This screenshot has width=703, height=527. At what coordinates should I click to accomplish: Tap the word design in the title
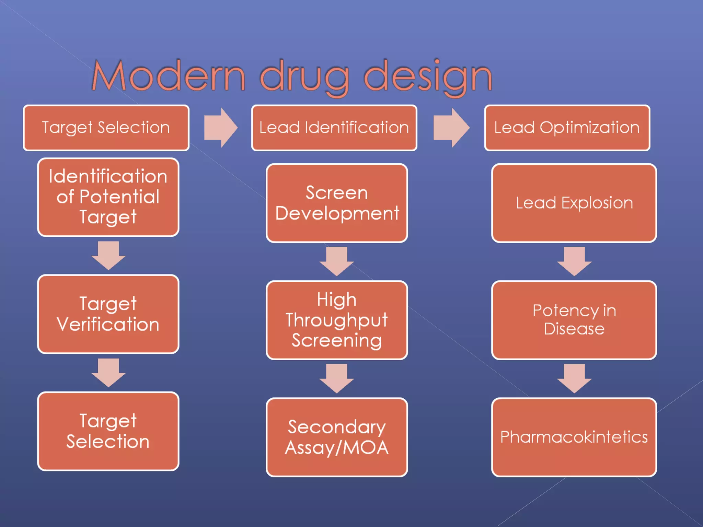coord(428,76)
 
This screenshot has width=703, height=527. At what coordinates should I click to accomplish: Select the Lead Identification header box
coord(334,128)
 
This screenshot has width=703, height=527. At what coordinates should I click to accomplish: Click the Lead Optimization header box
coord(567,128)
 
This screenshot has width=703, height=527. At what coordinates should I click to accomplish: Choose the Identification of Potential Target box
coord(108,197)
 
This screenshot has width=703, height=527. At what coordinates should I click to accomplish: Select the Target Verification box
coord(108,314)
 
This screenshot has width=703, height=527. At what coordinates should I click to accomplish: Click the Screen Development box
coord(337,203)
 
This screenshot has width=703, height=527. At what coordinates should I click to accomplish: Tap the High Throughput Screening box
coord(337,320)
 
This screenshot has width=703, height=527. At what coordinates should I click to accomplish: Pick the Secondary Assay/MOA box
coord(337,437)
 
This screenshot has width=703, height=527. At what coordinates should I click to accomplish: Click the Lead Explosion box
coord(574,203)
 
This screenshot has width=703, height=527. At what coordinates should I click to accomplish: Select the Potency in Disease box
coord(574,320)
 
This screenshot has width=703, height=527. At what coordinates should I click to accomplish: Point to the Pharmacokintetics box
coord(574,437)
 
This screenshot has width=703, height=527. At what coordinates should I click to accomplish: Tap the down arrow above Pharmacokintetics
coord(574,378)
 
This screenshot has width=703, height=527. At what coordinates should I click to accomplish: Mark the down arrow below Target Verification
coord(108,373)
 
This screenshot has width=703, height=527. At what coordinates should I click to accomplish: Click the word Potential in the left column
coord(119,197)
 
